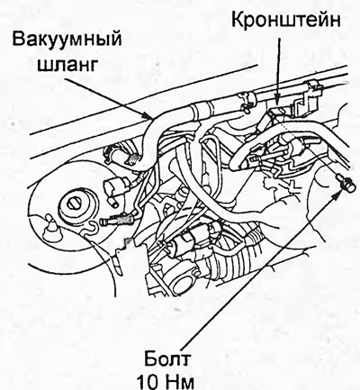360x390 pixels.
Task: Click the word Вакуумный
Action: point(67,41)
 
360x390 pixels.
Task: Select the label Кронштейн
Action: point(286,21)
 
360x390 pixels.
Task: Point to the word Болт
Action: point(166,360)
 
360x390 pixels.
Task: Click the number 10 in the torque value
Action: point(150,382)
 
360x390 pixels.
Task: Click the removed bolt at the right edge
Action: point(344,181)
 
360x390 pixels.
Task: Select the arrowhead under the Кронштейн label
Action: point(279,100)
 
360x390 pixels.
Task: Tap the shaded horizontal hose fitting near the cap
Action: point(119,220)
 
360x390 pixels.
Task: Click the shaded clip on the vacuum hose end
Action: point(135,159)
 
